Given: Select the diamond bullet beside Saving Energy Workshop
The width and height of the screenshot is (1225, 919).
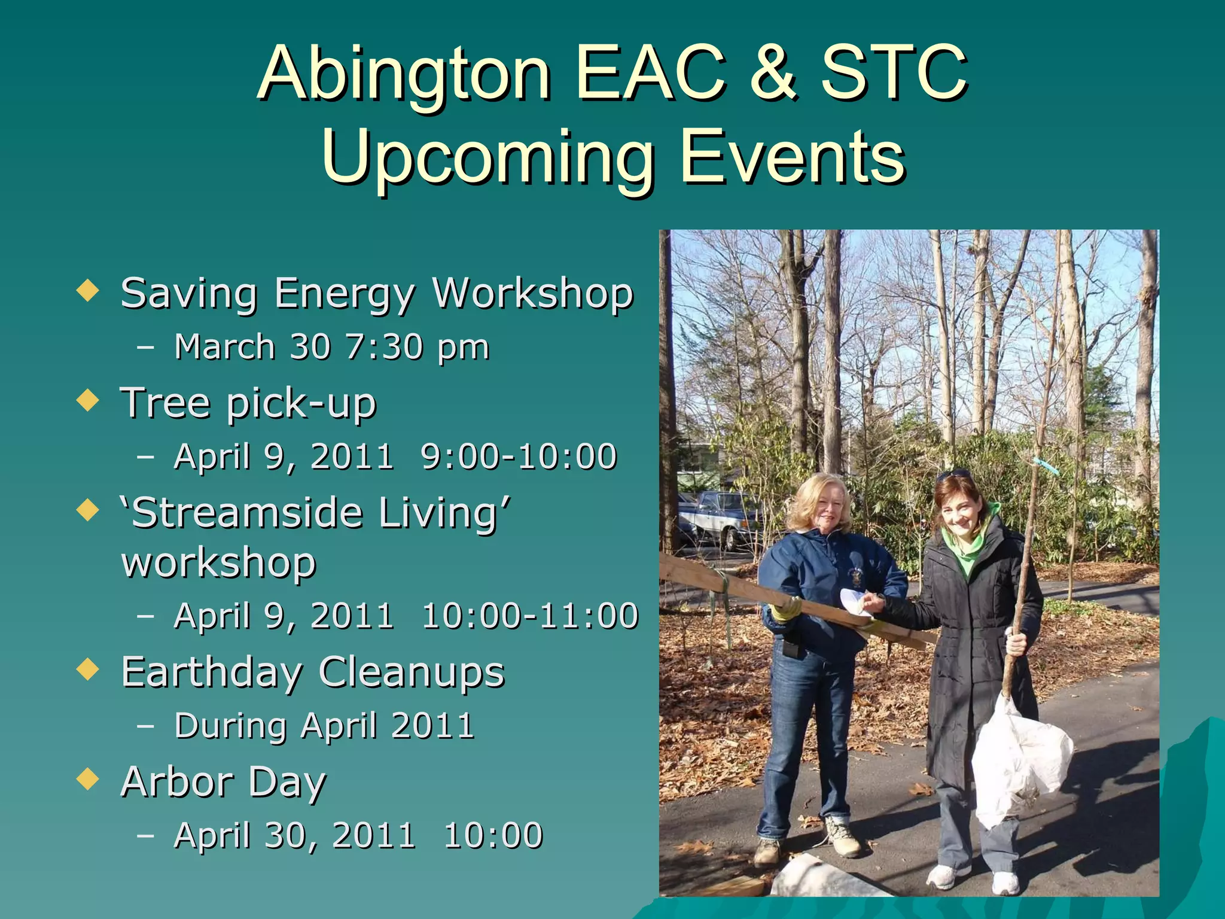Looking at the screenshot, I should [88, 291].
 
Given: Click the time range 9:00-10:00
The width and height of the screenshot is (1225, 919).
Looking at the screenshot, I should [519, 457].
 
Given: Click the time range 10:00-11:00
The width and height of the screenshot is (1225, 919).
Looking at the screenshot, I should [530, 616].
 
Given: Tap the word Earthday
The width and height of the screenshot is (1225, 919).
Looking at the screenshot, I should [211, 672].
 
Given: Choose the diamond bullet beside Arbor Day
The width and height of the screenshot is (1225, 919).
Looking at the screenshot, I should [88, 780].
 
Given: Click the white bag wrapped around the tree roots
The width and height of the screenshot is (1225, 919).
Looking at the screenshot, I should [1020, 760].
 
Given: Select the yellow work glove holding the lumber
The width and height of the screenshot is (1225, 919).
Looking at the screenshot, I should [785, 609].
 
